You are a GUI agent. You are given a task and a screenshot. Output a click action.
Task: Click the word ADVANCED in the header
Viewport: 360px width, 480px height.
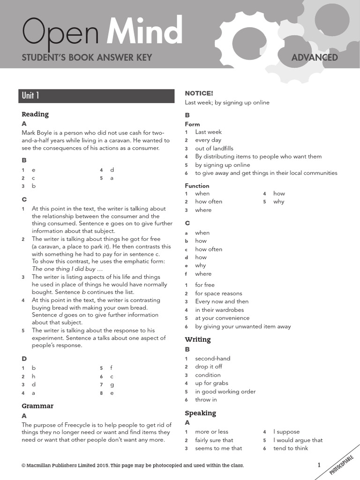(315, 58)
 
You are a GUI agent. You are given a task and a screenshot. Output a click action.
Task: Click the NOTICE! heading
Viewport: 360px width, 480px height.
(199, 93)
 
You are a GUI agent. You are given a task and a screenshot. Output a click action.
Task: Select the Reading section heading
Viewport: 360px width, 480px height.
(35, 114)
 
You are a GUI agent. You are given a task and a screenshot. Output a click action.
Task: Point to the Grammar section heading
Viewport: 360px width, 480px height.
(37, 406)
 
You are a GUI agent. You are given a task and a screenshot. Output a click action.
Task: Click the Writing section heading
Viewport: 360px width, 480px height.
(198, 339)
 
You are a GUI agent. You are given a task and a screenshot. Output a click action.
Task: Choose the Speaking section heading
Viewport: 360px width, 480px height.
(200, 413)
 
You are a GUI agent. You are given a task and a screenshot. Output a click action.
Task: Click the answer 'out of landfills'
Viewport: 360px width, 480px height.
(214, 148)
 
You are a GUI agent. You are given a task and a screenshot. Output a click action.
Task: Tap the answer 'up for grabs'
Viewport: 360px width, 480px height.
(211, 383)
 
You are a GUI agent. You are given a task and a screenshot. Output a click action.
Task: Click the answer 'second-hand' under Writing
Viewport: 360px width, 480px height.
(212, 358)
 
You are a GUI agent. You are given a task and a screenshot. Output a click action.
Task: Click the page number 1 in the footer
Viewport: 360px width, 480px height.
(319, 465)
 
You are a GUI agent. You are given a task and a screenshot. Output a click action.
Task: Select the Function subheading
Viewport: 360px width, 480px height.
(197, 186)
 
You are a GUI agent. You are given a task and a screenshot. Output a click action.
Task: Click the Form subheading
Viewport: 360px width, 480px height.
(192, 124)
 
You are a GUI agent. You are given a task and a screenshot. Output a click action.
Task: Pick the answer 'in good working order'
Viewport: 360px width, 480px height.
(225, 391)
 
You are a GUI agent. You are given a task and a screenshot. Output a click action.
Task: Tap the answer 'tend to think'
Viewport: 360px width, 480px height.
(291, 448)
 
